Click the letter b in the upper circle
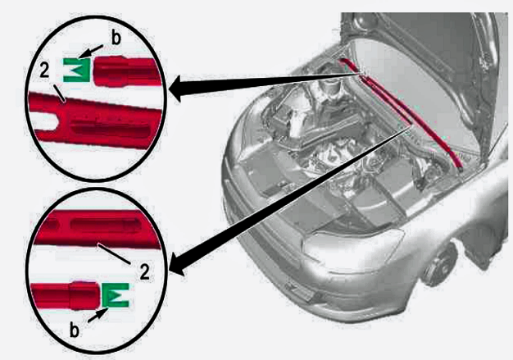pyautogui.click(x=116, y=39)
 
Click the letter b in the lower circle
pyautogui.click(x=75, y=330)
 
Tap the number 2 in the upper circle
pyautogui.click(x=44, y=71)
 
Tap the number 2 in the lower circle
pyautogui.click(x=144, y=271)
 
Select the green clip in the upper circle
pyautogui.click(x=76, y=70)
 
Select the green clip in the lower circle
pyautogui.click(x=116, y=295)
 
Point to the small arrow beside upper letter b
pyautogui.click(x=91, y=52)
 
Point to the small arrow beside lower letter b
pyautogui.click(x=98, y=315)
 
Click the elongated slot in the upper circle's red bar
pyautogui.click(x=111, y=130)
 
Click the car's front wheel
pyautogui.click(x=439, y=265)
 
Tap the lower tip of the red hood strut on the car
pyautogui.click(x=460, y=169)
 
